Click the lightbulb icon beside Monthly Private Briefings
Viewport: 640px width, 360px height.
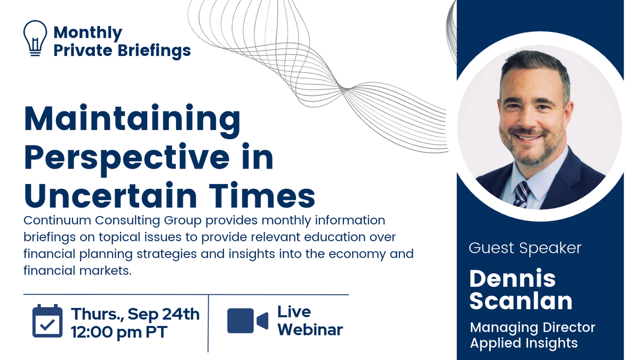pyautogui.click(x=35, y=38)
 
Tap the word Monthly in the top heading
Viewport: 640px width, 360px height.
pyautogui.click(x=87, y=33)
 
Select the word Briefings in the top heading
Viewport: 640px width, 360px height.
pyautogui.click(x=154, y=51)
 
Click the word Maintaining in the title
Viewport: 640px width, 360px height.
pyautogui.click(x=132, y=121)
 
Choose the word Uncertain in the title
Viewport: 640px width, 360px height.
pyautogui.click(x=110, y=196)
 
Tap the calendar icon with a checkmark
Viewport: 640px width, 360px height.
pyautogui.click(x=47, y=321)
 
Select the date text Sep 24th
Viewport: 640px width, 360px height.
pyautogui.click(x=163, y=314)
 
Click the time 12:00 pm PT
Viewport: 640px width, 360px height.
pyautogui.click(x=119, y=332)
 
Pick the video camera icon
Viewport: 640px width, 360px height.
pyautogui.click(x=247, y=321)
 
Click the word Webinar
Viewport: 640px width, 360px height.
pyautogui.click(x=310, y=330)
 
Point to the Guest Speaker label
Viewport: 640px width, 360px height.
pyautogui.click(x=525, y=248)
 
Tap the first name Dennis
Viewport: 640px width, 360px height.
pyautogui.click(x=513, y=278)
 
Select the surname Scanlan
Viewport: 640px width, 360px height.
pyautogui.click(x=521, y=301)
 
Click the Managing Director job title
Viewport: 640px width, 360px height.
pyautogui.click(x=533, y=327)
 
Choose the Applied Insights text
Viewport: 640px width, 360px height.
pyautogui.click(x=524, y=343)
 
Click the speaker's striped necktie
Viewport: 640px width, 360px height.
pyautogui.click(x=522, y=194)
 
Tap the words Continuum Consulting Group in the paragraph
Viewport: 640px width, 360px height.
pyautogui.click(x=113, y=221)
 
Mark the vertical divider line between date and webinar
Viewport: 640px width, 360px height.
pyautogui.click(x=209, y=323)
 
